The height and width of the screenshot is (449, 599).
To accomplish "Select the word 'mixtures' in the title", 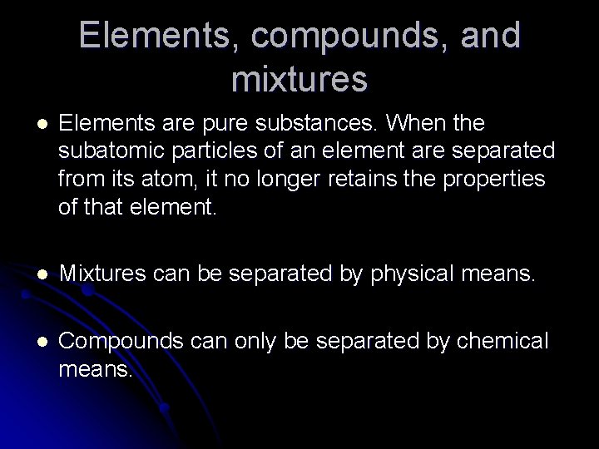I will [300, 79].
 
